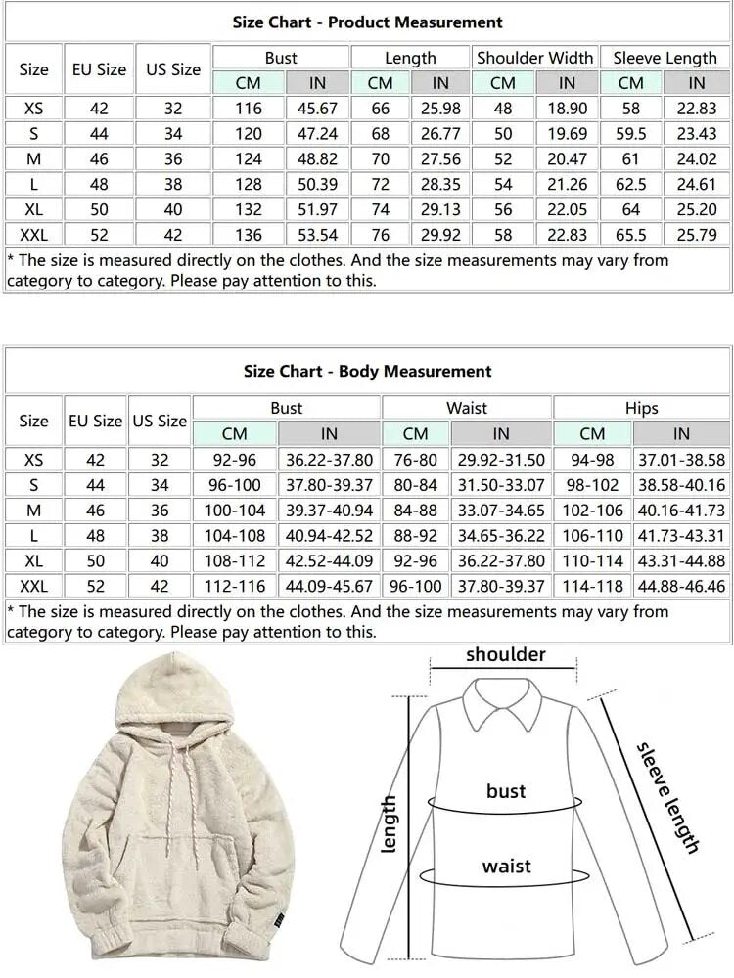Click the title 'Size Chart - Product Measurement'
[367, 22]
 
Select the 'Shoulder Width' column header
[534, 58]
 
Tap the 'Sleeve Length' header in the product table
[665, 58]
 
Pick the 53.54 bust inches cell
[317, 235]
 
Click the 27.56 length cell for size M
[440, 158]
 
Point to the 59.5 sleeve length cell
[631, 133]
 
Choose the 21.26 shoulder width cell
[567, 184]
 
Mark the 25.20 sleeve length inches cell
[697, 209]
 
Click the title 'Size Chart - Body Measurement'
[367, 372]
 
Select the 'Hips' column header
[641, 408]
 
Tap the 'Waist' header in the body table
[467, 408]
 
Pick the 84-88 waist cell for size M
[415, 510]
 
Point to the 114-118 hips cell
[592, 586]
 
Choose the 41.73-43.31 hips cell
[681, 535]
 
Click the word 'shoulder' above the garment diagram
[505, 654]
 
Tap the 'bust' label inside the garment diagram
[506, 790]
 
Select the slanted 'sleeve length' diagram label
[668, 797]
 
